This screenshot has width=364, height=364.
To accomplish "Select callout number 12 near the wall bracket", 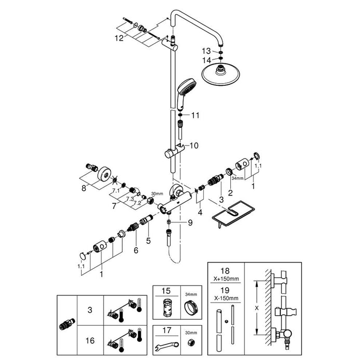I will [x=120, y=38].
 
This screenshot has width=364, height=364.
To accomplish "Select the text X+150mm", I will [x=227, y=278].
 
